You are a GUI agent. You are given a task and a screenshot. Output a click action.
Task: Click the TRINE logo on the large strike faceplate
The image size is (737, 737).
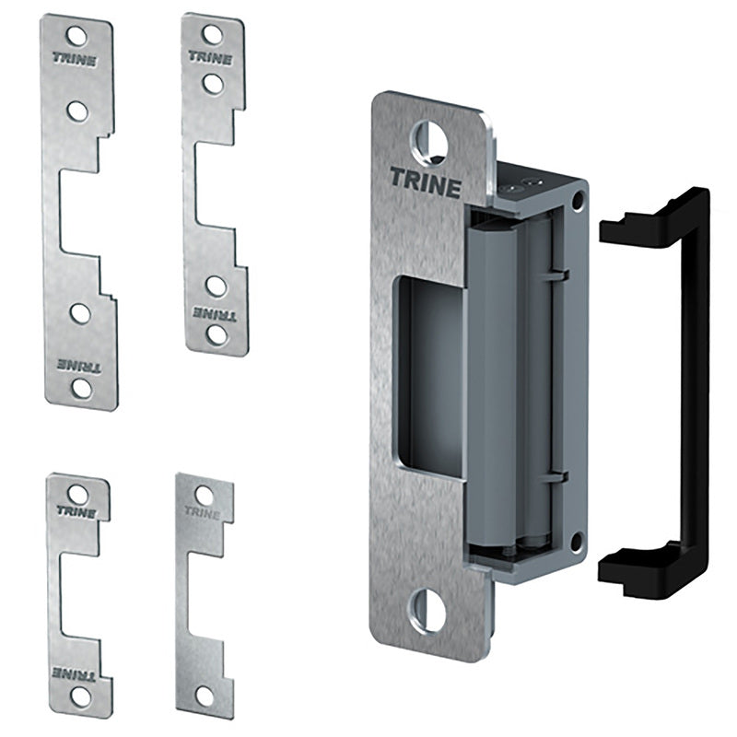click(426, 182)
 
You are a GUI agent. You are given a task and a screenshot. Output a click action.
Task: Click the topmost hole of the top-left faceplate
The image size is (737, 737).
click(76, 37)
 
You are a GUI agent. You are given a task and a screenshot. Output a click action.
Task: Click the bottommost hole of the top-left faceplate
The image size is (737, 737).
click(82, 388)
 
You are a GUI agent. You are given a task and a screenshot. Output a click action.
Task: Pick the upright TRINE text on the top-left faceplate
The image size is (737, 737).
click(75, 60)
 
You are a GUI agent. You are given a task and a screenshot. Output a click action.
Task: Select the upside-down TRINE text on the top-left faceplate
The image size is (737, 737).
click(79, 366)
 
